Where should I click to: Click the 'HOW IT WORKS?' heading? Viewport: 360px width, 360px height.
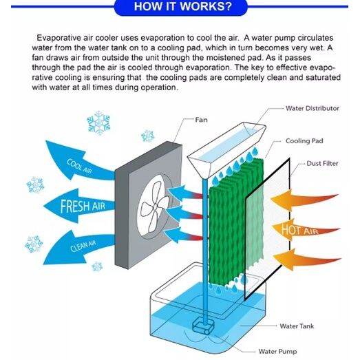click(x=183, y=6)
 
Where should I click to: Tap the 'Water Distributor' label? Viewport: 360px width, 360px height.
click(x=313, y=108)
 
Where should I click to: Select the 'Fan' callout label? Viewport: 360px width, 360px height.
click(x=201, y=120)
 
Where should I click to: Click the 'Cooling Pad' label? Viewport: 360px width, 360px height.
click(x=304, y=140)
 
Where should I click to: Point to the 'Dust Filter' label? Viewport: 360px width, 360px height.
click(x=322, y=163)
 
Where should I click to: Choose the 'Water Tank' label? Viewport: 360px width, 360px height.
click(x=297, y=326)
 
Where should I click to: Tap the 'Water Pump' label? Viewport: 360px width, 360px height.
click(x=277, y=351)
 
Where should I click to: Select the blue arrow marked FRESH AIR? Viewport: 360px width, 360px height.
click(x=79, y=206)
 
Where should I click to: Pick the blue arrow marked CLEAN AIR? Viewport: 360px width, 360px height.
click(x=79, y=248)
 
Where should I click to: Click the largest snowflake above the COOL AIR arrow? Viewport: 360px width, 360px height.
click(x=98, y=123)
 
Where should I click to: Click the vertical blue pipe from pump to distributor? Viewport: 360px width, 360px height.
click(x=205, y=251)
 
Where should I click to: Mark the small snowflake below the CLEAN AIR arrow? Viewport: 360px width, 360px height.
click(x=97, y=266)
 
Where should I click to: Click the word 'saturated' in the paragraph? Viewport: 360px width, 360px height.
click(x=323, y=77)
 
